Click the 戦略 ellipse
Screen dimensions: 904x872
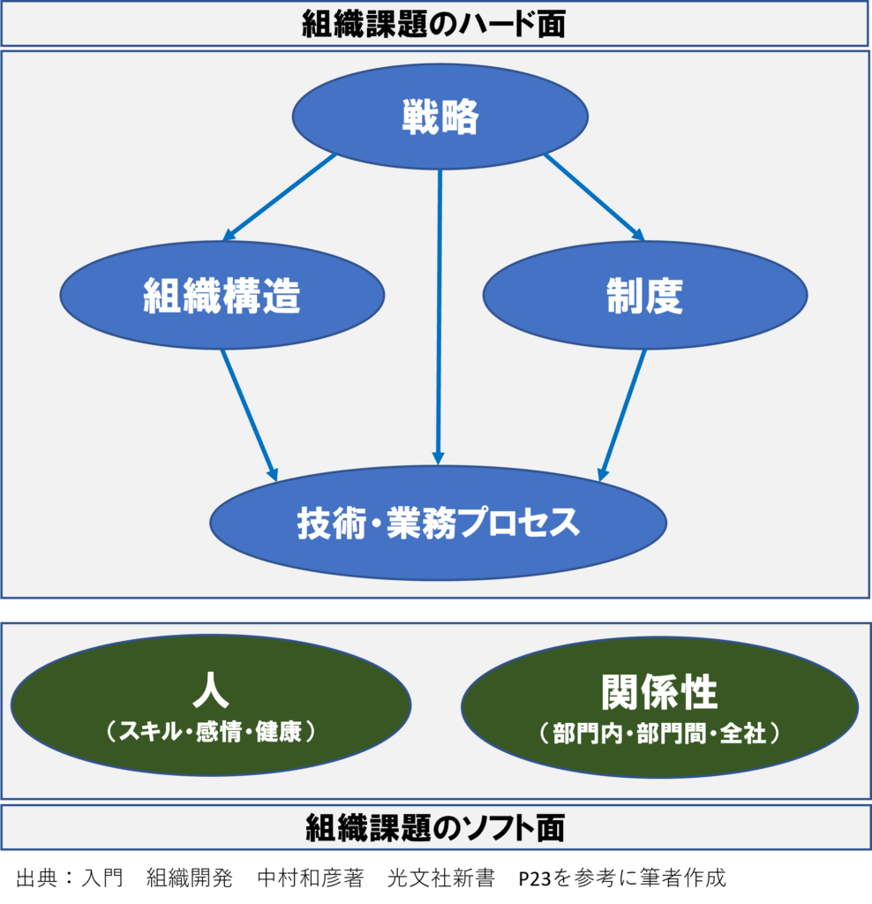440,117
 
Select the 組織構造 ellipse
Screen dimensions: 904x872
222,296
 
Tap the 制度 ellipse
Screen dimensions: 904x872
644,296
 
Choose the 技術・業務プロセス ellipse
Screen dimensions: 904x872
439,523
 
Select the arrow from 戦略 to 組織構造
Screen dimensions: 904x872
279,198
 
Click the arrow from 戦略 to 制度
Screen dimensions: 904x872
593,197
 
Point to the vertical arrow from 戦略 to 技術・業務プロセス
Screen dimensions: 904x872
439,318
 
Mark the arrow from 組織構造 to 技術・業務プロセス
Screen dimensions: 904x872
249,413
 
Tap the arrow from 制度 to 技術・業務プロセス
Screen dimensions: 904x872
623,413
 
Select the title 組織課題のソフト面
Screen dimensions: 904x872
435,828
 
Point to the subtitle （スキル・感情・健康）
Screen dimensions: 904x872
210,732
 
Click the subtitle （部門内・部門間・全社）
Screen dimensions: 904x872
659,733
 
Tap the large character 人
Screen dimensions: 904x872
210,691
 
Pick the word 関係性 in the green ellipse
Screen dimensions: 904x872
659,693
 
